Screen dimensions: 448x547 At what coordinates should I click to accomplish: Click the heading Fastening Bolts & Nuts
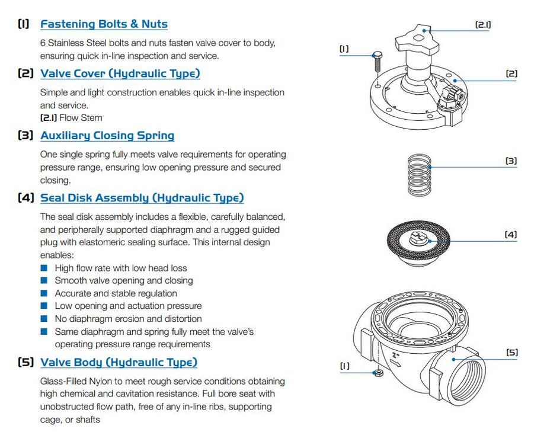tap(104, 24)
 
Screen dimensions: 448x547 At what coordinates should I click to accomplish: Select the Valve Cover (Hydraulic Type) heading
tap(120, 73)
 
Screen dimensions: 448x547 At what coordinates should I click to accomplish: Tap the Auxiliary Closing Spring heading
tap(107, 135)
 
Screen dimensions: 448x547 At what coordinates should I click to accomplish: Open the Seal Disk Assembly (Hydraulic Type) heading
tap(142, 198)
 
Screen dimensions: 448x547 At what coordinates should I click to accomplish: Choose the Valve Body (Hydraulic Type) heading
tap(119, 362)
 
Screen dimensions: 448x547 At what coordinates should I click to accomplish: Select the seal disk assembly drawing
tap(419, 241)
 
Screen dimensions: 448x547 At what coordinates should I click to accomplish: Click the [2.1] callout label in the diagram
tap(483, 25)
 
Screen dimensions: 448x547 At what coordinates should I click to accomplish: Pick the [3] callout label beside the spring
tap(511, 161)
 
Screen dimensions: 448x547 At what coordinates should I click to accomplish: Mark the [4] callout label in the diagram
tap(510, 235)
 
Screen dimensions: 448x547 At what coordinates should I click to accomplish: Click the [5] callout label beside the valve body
tap(511, 353)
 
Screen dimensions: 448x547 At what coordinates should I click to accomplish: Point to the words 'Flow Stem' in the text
tap(81, 117)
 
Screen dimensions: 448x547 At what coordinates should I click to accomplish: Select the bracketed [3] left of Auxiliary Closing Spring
tap(25, 135)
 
